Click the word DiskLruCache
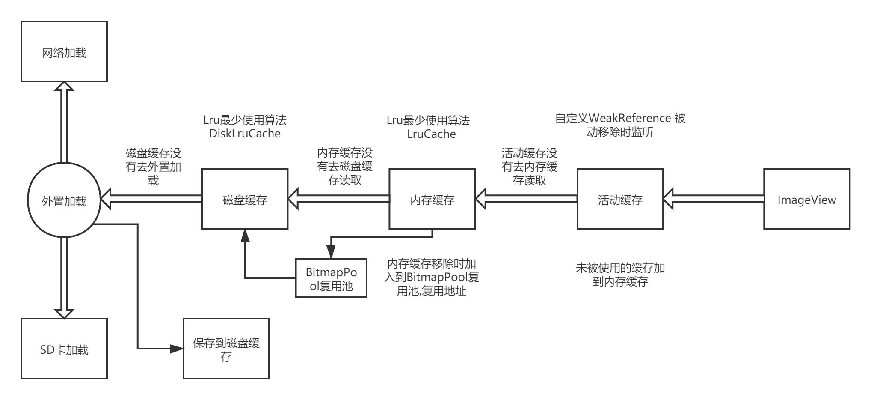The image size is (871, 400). [x=245, y=134]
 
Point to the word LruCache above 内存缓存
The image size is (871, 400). [x=432, y=134]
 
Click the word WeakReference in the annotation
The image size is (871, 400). [x=631, y=118]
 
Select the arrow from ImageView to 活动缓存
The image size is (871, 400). [x=714, y=199]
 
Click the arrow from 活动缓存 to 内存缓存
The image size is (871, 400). [x=526, y=199]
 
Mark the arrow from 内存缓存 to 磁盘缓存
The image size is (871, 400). [x=338, y=199]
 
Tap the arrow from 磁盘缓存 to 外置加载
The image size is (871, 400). [x=151, y=199]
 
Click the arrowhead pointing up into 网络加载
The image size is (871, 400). [x=64, y=86]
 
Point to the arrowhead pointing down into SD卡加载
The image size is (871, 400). [x=64, y=314]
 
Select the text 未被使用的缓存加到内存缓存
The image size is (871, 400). [x=620, y=275]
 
